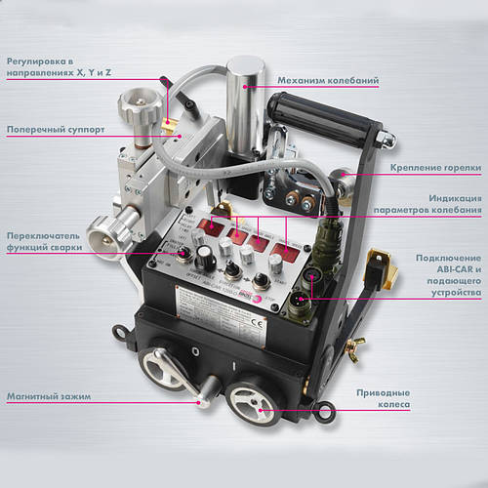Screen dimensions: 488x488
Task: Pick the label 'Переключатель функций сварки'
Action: (44, 241)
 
